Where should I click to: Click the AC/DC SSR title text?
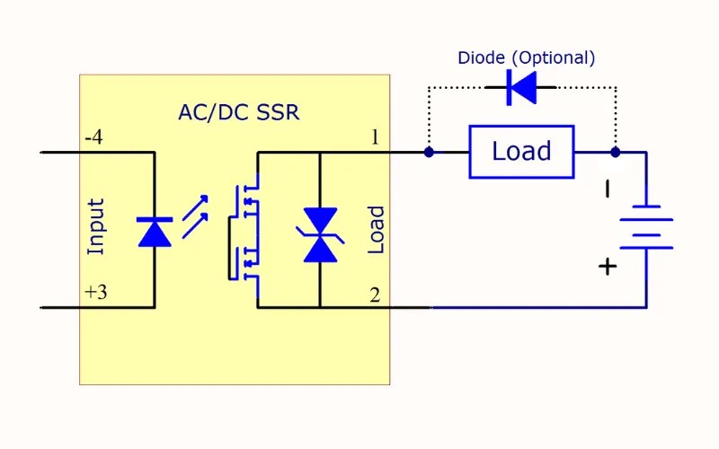(238, 113)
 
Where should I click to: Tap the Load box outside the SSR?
(521, 152)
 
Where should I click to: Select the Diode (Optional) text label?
(526, 58)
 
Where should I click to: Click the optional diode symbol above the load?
(520, 87)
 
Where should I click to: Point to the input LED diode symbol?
(155, 231)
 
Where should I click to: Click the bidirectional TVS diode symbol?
(320, 234)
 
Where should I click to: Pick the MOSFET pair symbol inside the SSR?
(245, 231)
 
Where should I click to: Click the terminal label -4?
(93, 138)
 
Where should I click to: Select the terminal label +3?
(94, 294)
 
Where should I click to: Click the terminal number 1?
(375, 137)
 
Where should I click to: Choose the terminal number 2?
(375, 295)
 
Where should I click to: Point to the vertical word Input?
(95, 226)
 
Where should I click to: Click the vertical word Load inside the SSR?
(376, 230)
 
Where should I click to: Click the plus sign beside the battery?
(608, 266)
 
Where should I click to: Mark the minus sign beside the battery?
(608, 189)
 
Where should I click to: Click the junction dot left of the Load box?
(429, 153)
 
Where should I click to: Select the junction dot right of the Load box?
(616, 153)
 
